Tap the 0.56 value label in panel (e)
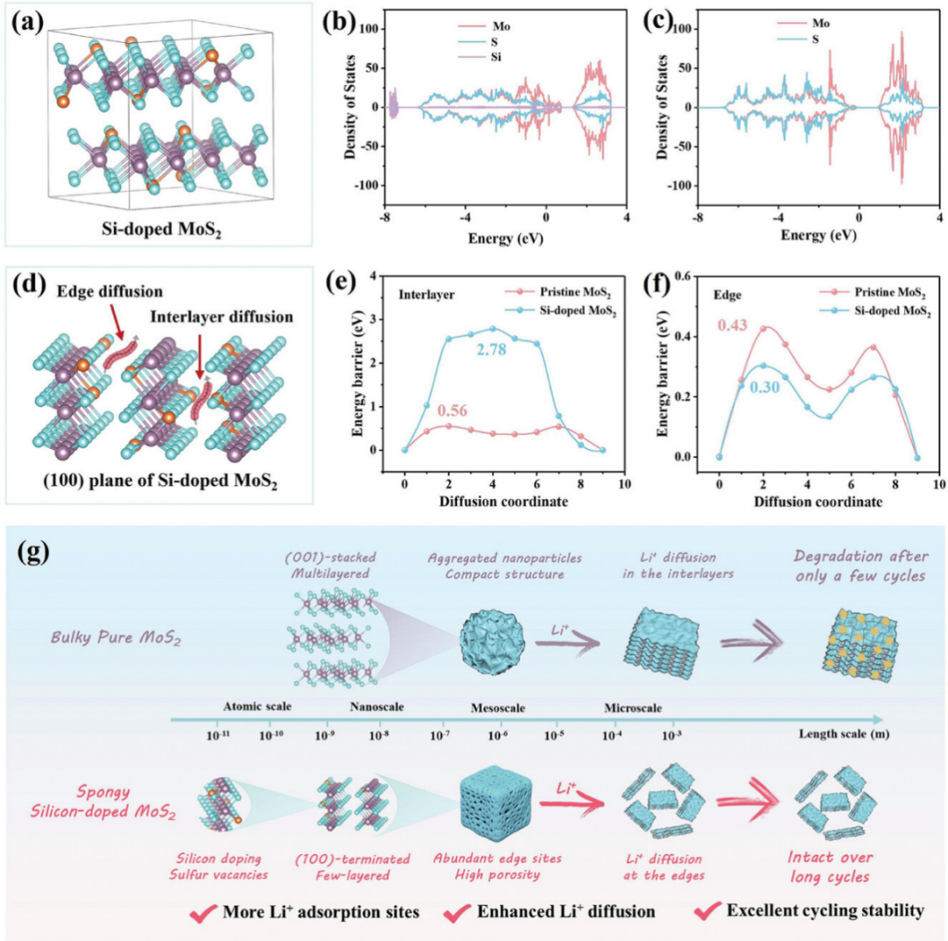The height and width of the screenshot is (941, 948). coord(453,410)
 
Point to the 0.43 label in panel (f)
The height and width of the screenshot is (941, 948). coord(732,325)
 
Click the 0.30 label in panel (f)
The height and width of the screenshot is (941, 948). coord(765,386)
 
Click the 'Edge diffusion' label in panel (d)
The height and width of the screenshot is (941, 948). coord(110,292)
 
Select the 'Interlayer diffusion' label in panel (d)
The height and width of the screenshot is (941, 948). coord(221,317)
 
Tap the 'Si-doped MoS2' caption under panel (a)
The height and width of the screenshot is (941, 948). coord(162,230)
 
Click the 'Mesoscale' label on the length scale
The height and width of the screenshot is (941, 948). coord(498,707)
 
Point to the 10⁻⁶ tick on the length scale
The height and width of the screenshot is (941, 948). coord(498,735)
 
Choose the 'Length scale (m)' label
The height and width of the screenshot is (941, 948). coord(844,734)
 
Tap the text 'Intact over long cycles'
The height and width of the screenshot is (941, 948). coord(829,866)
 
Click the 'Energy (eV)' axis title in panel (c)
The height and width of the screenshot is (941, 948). coord(818,235)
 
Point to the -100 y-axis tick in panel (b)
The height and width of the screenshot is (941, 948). coord(364,185)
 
